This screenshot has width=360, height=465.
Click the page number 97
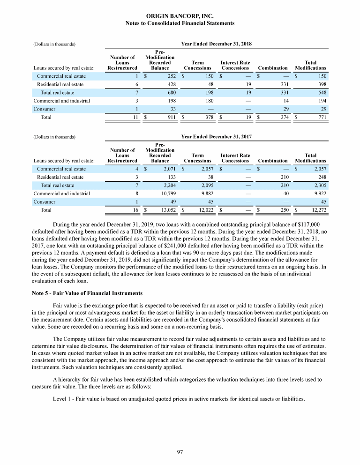[180, 451]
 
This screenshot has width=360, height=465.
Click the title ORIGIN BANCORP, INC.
[180, 16]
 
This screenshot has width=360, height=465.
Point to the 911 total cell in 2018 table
[171, 118]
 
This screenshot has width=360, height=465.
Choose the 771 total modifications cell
[322, 118]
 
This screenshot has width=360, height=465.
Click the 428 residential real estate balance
[171, 84]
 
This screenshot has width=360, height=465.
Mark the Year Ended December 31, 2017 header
[216, 137]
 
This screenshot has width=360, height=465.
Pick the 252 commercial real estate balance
[171, 76]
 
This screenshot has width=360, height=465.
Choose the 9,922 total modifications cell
[318, 193]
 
